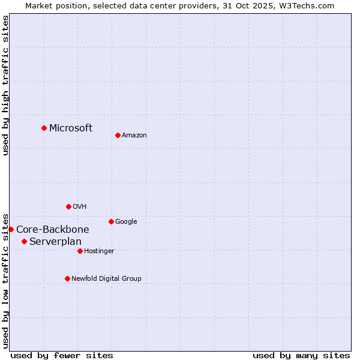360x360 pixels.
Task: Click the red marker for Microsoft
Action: (x=44, y=128)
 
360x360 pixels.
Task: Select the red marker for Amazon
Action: (x=118, y=135)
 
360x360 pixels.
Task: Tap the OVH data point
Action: (x=68, y=206)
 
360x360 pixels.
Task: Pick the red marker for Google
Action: (x=111, y=221)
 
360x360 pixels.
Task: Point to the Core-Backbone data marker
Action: (x=11, y=229)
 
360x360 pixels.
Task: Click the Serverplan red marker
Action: (x=24, y=241)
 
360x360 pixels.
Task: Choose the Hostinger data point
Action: (x=80, y=251)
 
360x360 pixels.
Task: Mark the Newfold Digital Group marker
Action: (x=67, y=278)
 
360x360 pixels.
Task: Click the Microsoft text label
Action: (x=71, y=128)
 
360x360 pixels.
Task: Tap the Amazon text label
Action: (x=134, y=136)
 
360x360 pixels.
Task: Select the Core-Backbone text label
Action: (x=53, y=229)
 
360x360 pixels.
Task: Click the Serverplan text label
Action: (x=55, y=241)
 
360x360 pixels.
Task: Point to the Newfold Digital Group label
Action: (x=106, y=278)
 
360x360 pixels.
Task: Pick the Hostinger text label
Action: (x=99, y=251)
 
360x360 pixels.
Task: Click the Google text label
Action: (x=126, y=221)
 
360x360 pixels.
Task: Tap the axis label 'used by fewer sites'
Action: (x=62, y=355)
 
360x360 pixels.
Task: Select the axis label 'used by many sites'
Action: (x=301, y=355)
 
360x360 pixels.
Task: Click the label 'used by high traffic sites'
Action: (x=5, y=85)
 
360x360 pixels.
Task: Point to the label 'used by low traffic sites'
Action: (x=5, y=280)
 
